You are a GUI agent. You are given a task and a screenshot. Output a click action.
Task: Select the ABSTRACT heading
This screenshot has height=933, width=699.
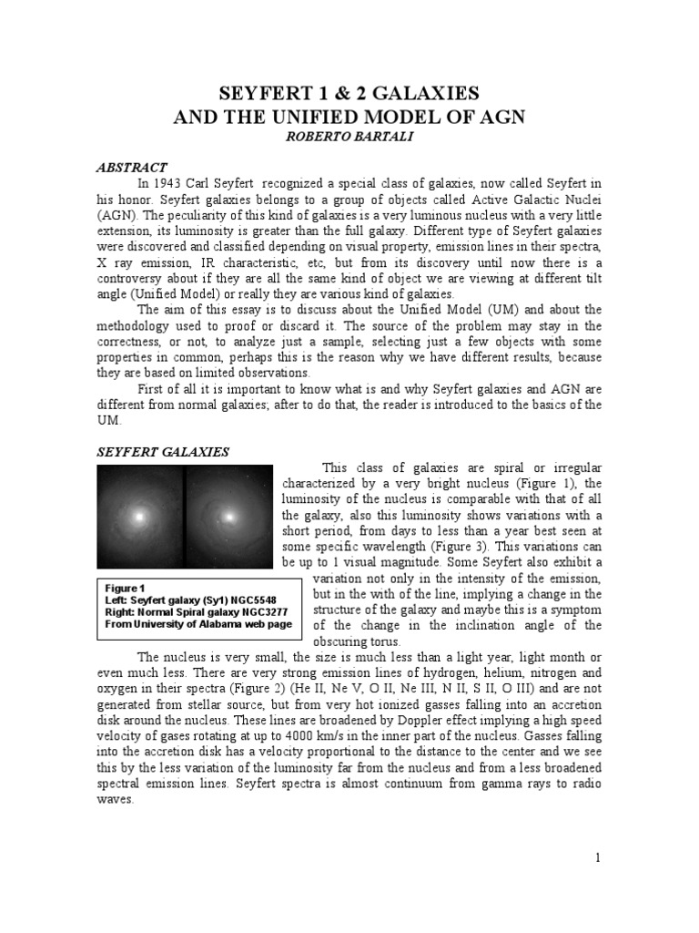point(132,168)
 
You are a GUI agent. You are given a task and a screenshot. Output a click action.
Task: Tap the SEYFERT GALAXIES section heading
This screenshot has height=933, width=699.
point(163,452)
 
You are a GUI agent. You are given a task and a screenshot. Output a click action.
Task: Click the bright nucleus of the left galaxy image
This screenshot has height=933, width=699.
point(139,517)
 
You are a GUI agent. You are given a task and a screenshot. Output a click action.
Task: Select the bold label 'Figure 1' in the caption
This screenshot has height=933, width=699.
point(126,589)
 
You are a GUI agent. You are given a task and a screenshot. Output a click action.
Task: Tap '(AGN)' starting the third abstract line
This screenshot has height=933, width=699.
point(115,216)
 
